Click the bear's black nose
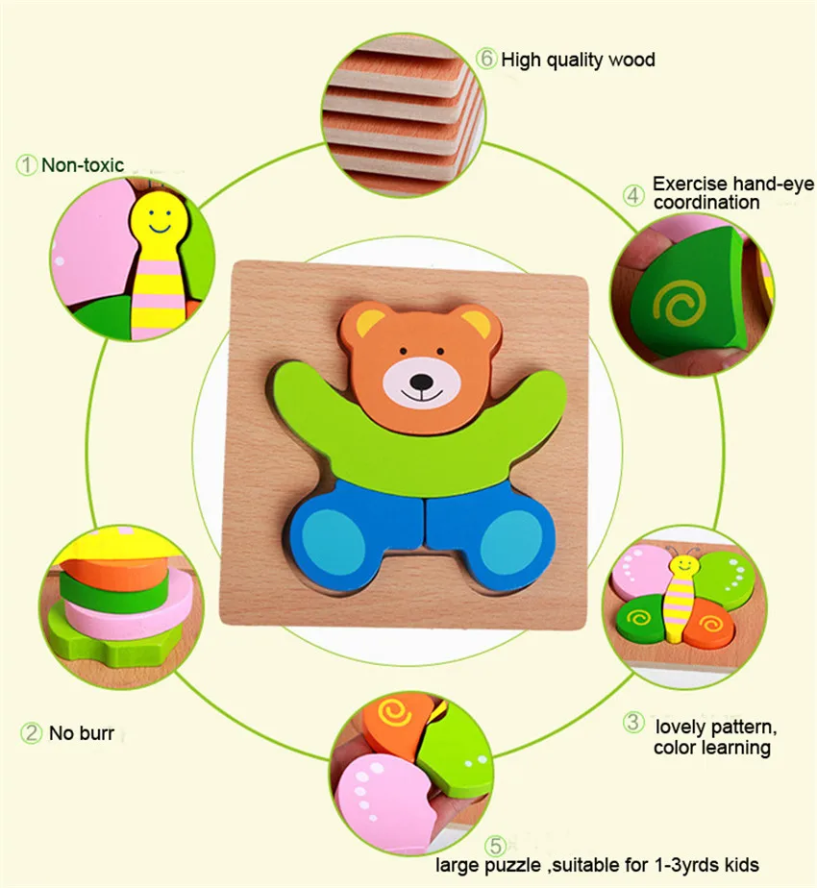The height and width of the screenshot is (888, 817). [421, 382]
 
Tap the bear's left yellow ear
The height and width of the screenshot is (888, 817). [369, 323]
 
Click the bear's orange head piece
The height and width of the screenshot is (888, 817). [421, 365]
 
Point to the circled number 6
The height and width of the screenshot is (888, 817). [486, 59]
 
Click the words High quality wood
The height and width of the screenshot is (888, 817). [578, 60]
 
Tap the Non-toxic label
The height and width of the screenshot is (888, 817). [83, 164]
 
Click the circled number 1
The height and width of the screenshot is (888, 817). [26, 165]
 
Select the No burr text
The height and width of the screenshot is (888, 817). [82, 733]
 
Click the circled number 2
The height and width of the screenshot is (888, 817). [31, 733]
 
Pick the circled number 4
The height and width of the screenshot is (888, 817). [633, 195]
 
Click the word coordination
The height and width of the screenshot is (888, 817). [706, 202]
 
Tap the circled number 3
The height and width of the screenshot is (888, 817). [633, 722]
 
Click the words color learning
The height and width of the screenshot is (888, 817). [712, 747]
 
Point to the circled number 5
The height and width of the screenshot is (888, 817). [496, 846]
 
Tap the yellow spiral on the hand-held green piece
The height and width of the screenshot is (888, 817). [680, 304]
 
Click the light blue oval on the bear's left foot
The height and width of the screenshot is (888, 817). [333, 542]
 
